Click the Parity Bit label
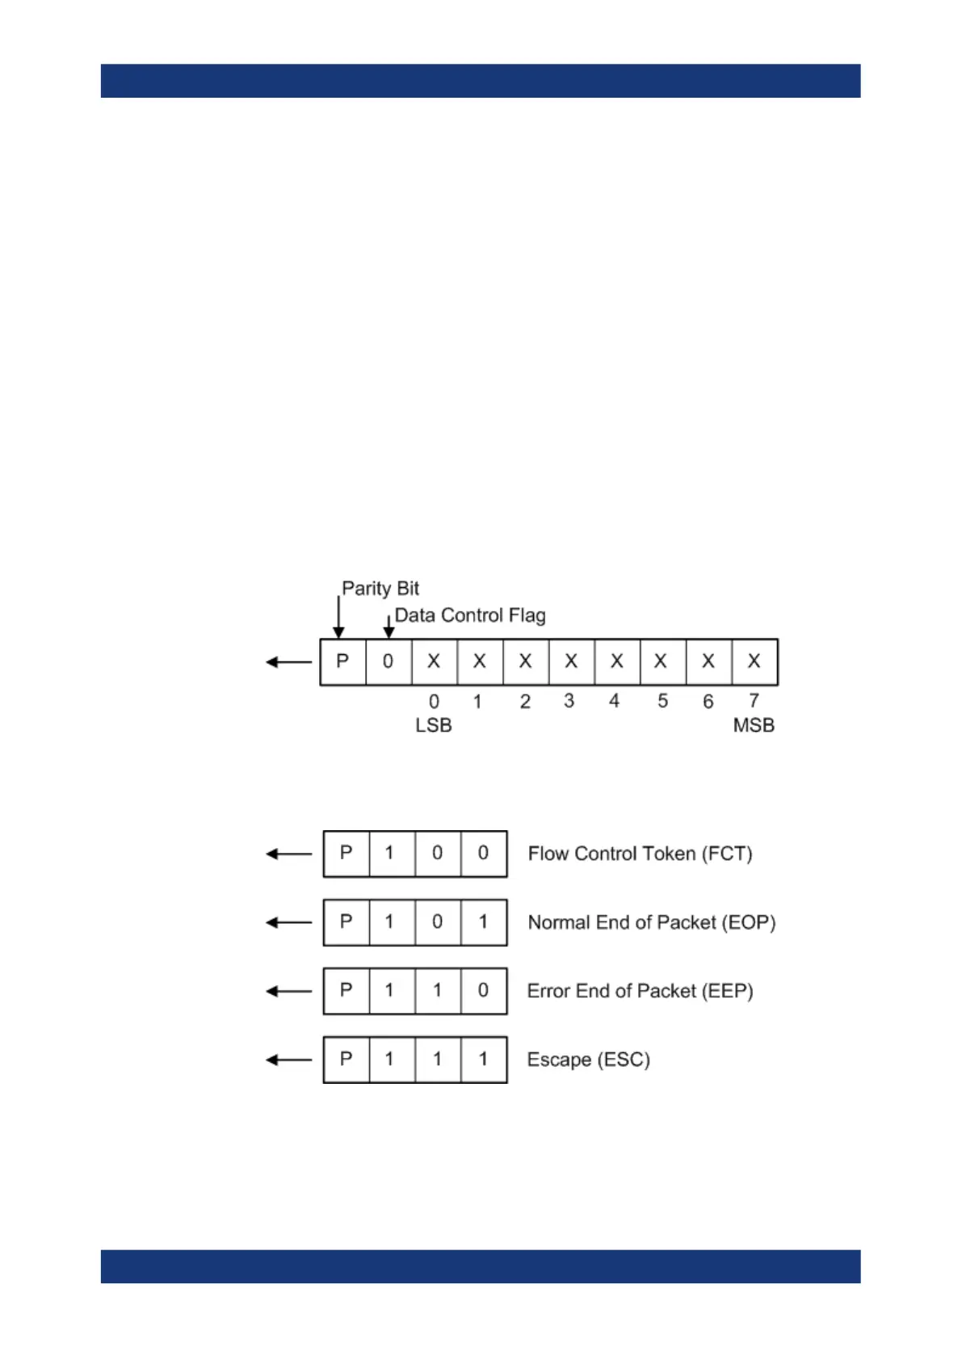[x=380, y=588]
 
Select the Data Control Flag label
[x=469, y=615]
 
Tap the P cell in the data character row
[x=342, y=661]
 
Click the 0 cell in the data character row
[x=388, y=661]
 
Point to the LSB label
[x=433, y=725]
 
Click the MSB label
[x=753, y=725]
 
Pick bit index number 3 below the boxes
[x=569, y=701]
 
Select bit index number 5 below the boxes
[x=662, y=701]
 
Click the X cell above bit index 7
[x=754, y=661]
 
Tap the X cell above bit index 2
[x=525, y=661]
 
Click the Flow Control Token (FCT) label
[x=640, y=854]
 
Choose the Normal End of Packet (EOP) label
[x=651, y=922]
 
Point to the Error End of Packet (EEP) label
[x=640, y=991]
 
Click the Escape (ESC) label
[x=588, y=1060]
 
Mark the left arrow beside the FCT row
[x=288, y=854]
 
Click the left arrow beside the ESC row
[x=288, y=1060]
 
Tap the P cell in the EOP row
[x=346, y=922]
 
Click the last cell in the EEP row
[x=483, y=991]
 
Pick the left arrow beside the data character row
[x=288, y=662]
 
